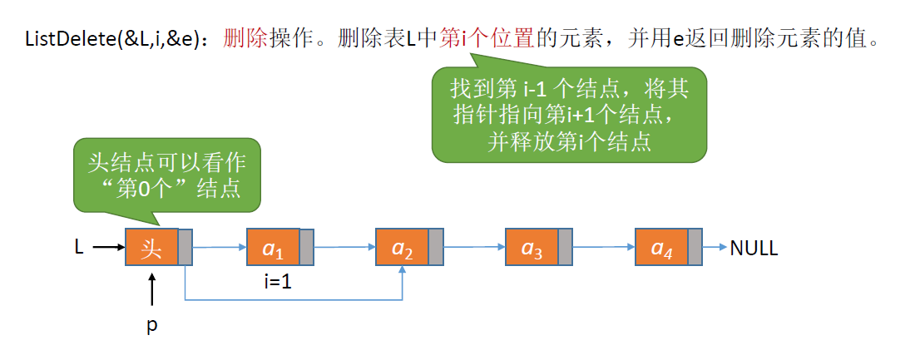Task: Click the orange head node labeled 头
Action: [x=151, y=248]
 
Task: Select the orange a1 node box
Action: [x=273, y=248]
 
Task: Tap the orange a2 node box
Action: [x=402, y=248]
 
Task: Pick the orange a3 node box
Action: [x=532, y=248]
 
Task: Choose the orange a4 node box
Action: [x=660, y=248]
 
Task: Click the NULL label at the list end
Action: [x=754, y=248]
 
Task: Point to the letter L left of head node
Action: [x=78, y=248]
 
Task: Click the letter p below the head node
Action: [x=151, y=325]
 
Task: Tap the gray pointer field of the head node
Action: [x=185, y=248]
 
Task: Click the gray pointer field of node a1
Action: [x=307, y=248]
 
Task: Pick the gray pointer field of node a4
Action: [x=695, y=248]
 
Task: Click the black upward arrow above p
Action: [x=152, y=293]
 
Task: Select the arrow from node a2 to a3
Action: [x=474, y=247]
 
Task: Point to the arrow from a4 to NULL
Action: [x=715, y=247]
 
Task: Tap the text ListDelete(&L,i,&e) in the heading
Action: [x=116, y=39]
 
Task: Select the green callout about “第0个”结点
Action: [x=167, y=175]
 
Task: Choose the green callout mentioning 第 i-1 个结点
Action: [x=569, y=115]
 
